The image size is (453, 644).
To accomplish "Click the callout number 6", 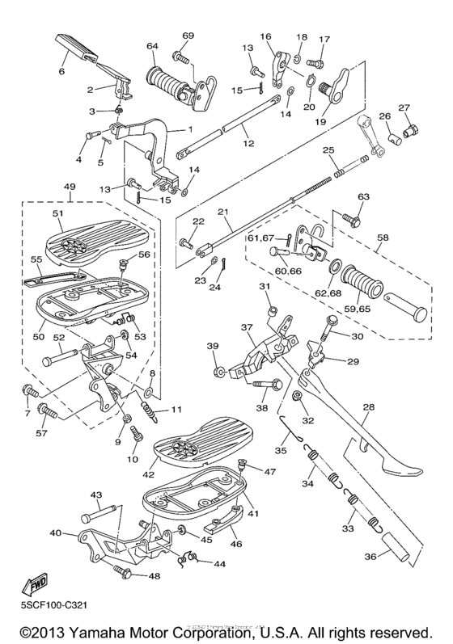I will [61, 71].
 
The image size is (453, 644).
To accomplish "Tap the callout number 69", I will [188, 36].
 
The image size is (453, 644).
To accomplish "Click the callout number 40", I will [55, 533].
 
